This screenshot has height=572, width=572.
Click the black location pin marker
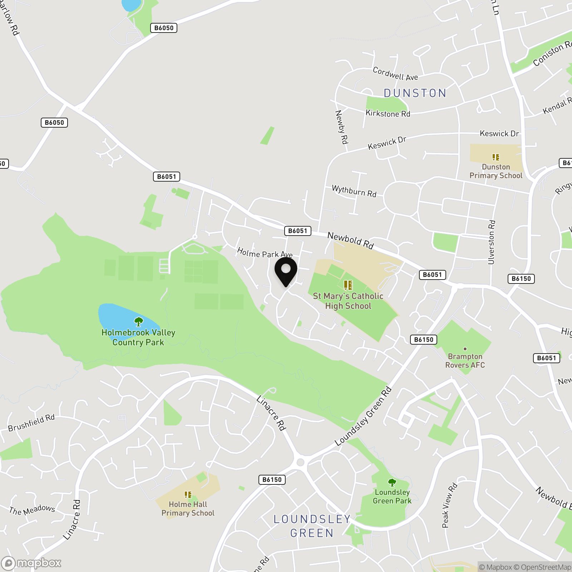(286, 271)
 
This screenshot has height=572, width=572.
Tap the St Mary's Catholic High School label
(348, 301)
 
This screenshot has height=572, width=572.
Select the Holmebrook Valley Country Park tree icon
(138, 321)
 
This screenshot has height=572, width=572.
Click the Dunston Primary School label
(496, 171)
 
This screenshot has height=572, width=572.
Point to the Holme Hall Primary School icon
(188, 495)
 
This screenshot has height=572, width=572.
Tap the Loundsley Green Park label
(392, 497)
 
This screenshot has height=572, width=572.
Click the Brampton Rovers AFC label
(465, 361)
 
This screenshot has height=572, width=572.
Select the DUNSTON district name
(415, 93)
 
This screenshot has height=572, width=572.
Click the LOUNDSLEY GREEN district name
(312, 526)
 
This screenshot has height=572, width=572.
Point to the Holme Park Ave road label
(265, 253)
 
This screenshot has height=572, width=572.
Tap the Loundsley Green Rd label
(363, 417)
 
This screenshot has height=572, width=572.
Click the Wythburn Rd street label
(354, 191)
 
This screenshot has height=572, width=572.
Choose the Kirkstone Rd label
(388, 114)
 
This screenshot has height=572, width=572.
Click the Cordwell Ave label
(395, 74)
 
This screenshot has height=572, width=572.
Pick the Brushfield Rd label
(31, 423)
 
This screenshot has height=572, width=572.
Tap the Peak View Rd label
(449, 505)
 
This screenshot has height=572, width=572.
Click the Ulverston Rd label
(492, 242)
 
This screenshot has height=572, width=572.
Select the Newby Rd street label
(341, 127)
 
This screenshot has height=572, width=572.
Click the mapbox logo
(31, 563)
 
